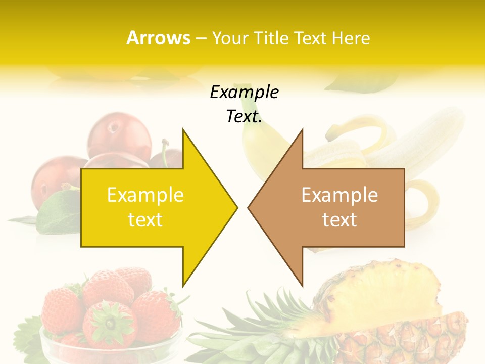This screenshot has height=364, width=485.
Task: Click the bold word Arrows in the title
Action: tap(158, 38)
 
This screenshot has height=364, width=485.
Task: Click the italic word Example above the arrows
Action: tap(244, 93)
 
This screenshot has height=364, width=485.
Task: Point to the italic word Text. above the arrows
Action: tap(244, 117)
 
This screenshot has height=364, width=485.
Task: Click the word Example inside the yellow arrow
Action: tap(145, 195)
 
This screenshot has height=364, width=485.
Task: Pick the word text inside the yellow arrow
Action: tap(145, 220)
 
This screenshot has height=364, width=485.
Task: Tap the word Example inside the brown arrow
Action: tap(339, 195)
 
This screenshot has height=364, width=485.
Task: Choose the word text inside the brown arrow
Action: tap(339, 220)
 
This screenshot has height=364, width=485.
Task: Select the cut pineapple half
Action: tap(399, 313)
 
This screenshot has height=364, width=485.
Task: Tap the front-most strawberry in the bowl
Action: tap(109, 324)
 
